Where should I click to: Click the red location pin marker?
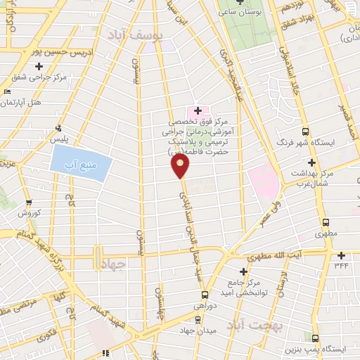pos(181,166)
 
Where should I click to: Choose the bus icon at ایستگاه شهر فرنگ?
pos(305,131)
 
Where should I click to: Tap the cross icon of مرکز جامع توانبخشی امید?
pos(244,271)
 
